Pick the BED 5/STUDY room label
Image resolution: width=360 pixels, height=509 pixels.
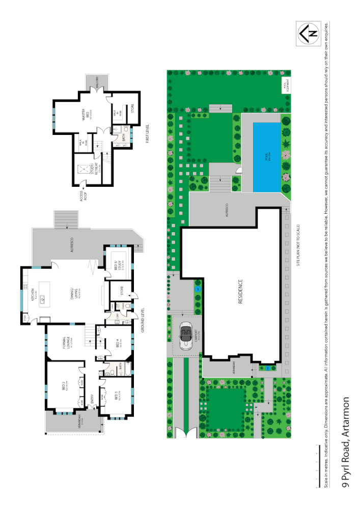pos(117,266)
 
